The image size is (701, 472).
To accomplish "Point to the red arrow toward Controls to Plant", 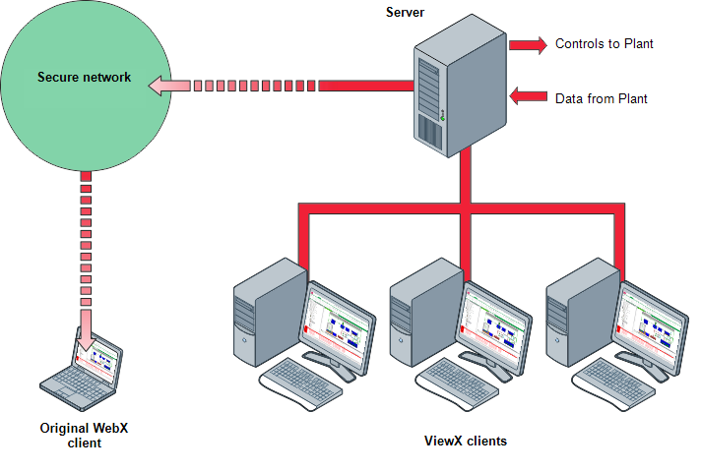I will pyautogui.click(x=528, y=44).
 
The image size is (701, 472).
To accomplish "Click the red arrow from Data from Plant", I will pyautogui.click(x=528, y=96).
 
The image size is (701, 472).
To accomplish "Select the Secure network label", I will pyautogui.click(x=84, y=78).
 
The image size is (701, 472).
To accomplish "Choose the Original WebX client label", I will pyautogui.click(x=85, y=436).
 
